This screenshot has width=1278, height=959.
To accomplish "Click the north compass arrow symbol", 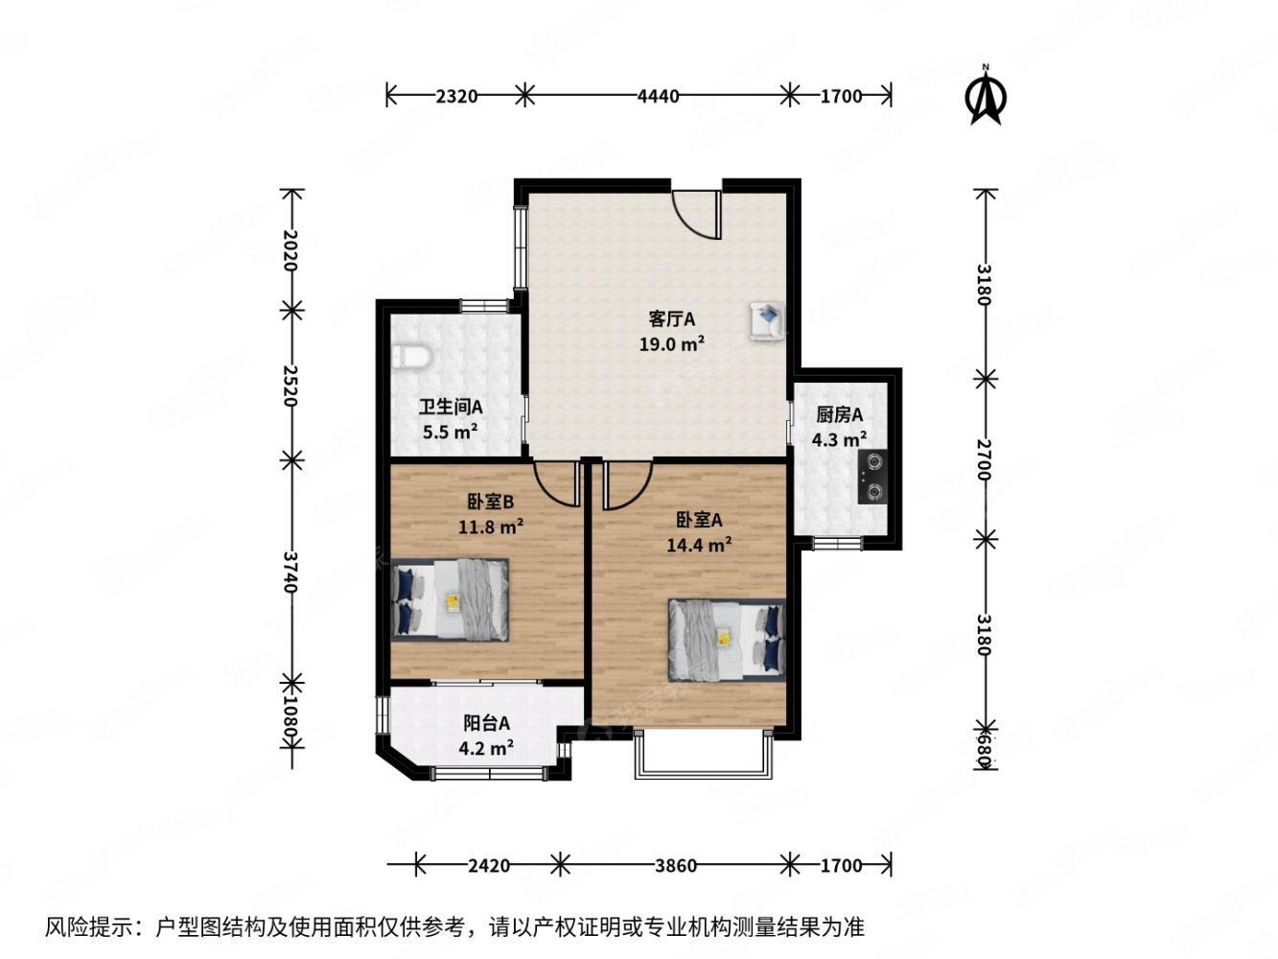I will coord(986,96).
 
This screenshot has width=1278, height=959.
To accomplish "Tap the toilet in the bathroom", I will coord(411,357).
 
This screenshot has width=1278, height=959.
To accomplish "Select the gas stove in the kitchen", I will coord(871,477).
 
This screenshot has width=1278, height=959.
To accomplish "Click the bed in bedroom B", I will coord(451,600).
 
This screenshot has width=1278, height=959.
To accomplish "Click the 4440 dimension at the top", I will coord(658,95).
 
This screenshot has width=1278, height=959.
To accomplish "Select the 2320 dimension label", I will coord(456,95).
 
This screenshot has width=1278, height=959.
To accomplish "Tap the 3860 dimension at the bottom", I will coord(675,865).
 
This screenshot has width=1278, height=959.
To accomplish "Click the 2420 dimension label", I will coord(489,865).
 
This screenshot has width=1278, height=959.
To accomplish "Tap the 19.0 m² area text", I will coord(672,343).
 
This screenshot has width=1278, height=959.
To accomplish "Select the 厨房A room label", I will coord(840,415).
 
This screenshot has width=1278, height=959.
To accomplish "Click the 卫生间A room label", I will coord(450,407).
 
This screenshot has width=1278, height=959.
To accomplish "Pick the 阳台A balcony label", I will coord(487,723).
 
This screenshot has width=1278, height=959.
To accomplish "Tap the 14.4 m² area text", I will coord(699,545).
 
